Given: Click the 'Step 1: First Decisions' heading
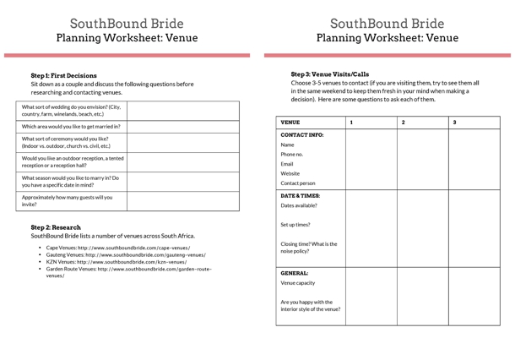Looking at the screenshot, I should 63,75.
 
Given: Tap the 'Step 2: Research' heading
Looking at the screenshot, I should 56,227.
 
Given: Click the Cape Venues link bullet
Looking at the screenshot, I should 118,248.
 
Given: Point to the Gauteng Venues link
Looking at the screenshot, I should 126,254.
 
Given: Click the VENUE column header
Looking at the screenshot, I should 290,123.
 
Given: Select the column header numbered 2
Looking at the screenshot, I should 404,123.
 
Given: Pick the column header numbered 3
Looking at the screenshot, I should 455,123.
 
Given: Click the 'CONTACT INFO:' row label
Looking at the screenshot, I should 302,134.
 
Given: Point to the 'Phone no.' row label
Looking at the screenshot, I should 292,154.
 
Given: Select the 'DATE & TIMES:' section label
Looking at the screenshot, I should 301,195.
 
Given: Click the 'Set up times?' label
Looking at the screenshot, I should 295,225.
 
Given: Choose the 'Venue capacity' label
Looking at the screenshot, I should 298,283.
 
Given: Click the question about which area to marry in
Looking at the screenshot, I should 71,126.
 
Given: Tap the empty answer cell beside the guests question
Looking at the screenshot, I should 182,200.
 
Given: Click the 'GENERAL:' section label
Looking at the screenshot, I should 295,273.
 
